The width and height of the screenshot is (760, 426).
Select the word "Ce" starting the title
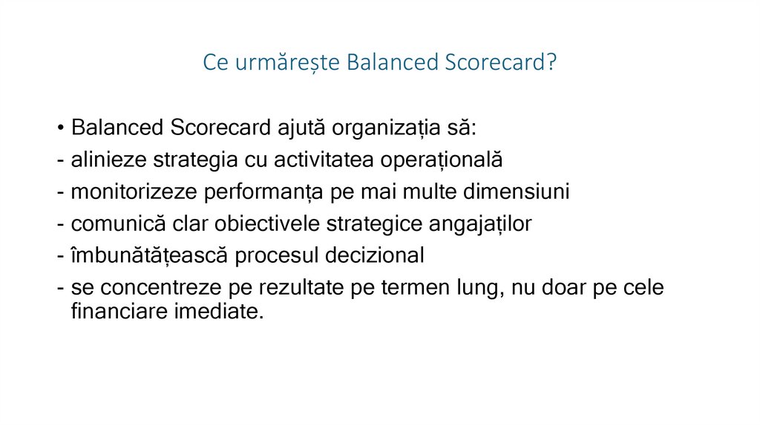tap(215, 63)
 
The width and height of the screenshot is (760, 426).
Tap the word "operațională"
tap(442, 160)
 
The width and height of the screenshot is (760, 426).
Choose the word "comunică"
tap(116, 224)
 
